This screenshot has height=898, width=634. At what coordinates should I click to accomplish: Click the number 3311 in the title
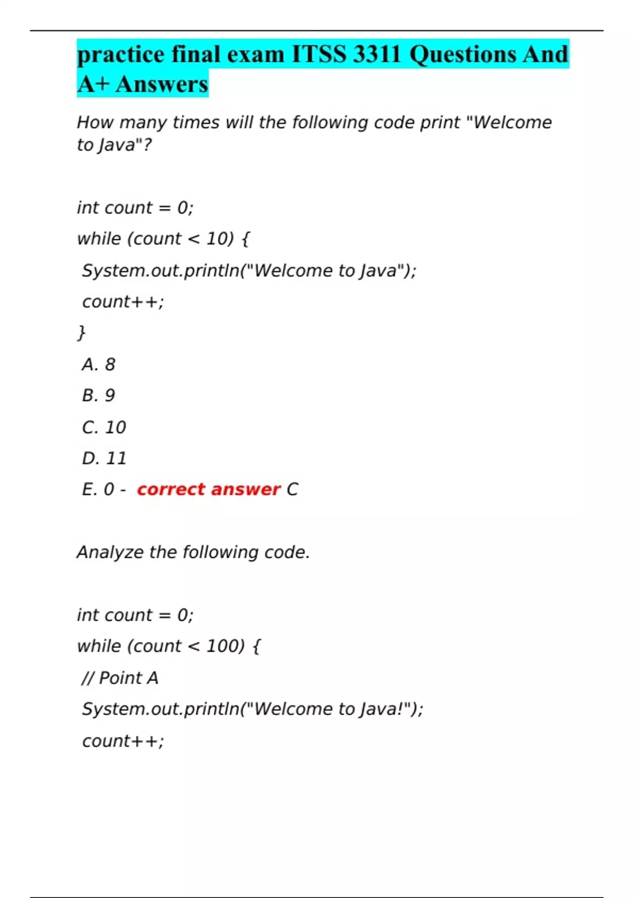(377, 54)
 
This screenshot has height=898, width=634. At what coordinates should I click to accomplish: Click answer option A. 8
(98, 364)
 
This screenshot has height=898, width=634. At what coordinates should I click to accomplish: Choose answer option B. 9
(98, 396)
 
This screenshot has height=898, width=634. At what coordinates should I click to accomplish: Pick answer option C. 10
(104, 427)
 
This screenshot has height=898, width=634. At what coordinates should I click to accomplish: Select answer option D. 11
(104, 459)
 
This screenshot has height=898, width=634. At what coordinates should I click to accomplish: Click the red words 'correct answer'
(208, 490)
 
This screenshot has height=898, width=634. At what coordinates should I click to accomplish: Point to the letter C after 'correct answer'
(292, 490)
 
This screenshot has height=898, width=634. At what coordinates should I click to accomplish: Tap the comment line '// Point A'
(120, 678)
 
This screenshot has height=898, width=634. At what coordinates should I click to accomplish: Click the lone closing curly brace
(81, 333)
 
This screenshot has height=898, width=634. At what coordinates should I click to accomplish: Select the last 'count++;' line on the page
(123, 741)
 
